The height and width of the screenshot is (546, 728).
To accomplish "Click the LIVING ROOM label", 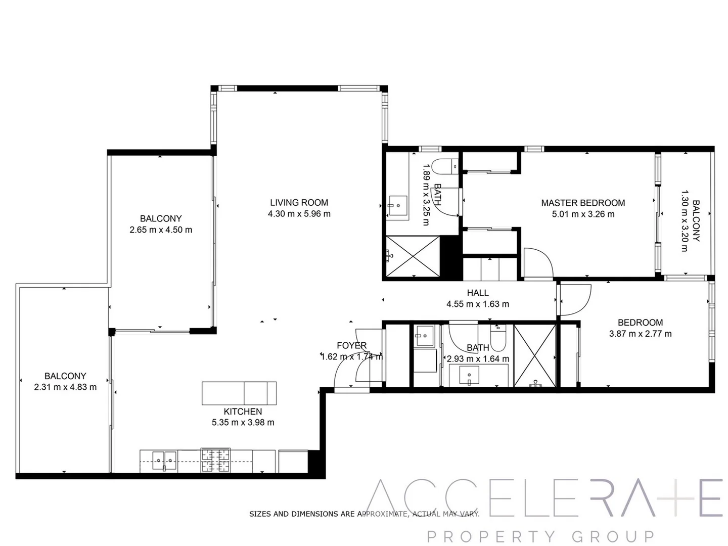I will [299, 203].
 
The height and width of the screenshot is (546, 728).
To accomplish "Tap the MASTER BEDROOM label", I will [583, 203].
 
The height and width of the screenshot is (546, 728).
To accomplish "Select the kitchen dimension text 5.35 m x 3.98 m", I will [243, 423].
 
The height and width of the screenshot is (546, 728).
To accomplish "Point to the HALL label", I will [478, 293].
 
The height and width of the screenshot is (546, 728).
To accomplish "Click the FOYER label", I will [351, 346].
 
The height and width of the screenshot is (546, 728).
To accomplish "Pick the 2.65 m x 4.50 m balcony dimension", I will [161, 230].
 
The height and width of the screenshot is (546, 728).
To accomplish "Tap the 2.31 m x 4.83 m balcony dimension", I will [65, 387].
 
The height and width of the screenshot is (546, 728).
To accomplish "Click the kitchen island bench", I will [239, 393].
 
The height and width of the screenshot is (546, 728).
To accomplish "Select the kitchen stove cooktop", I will [215, 460].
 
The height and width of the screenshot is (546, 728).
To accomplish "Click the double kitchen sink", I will [164, 461].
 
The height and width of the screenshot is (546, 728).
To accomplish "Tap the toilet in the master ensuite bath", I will [447, 166].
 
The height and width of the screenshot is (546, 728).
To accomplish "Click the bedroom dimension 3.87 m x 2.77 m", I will [640, 334].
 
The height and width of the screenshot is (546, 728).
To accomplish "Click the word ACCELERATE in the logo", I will [545, 497].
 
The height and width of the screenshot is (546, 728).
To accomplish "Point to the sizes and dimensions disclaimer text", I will [364, 514].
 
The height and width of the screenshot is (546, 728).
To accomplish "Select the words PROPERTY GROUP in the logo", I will [540, 536].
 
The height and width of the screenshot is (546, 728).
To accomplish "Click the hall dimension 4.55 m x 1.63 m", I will [478, 304].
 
